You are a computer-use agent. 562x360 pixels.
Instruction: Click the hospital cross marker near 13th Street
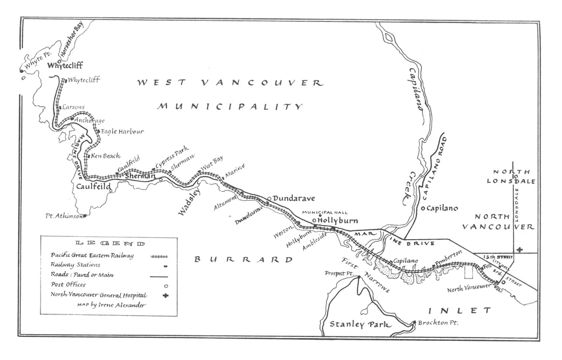pyautogui.click(x=520, y=249)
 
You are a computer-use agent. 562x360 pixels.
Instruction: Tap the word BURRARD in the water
pyautogui.click(x=243, y=259)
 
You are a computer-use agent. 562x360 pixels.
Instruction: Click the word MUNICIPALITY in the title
pyautogui.click(x=230, y=106)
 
